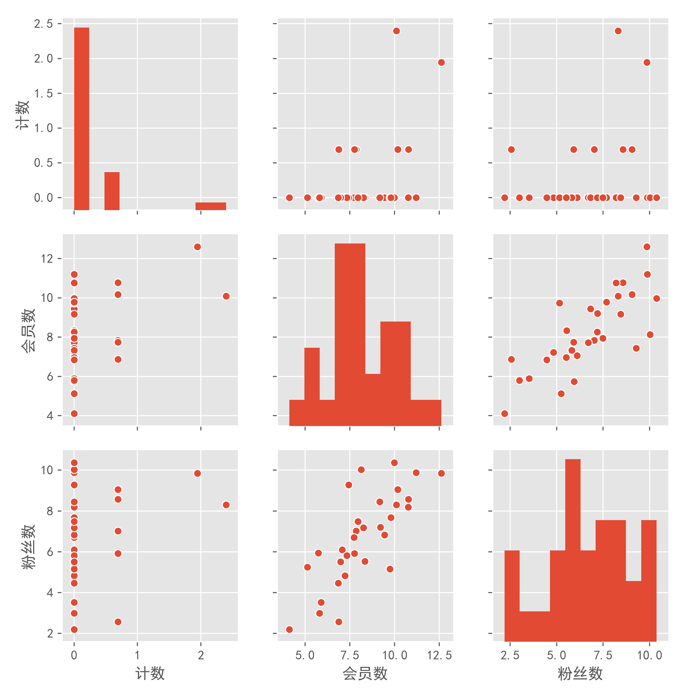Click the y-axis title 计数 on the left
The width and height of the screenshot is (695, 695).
point(22,115)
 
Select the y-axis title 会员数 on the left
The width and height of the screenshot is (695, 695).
point(28,330)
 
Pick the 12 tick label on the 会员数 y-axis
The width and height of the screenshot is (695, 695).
point(47,259)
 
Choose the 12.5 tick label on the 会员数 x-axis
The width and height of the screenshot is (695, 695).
point(439,655)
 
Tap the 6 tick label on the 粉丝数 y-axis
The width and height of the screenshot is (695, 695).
point(50,552)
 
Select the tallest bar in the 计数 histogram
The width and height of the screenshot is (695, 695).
point(82,119)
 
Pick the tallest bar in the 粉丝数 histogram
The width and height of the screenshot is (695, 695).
point(573,550)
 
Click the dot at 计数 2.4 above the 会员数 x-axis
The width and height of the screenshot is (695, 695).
point(396,31)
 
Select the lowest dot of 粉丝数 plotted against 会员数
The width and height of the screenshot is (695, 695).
point(289,629)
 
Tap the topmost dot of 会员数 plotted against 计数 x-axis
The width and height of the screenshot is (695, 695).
point(197,247)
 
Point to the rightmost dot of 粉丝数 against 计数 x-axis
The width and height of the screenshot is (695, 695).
point(226,505)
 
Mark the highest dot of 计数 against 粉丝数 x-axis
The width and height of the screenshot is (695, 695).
point(618,31)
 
